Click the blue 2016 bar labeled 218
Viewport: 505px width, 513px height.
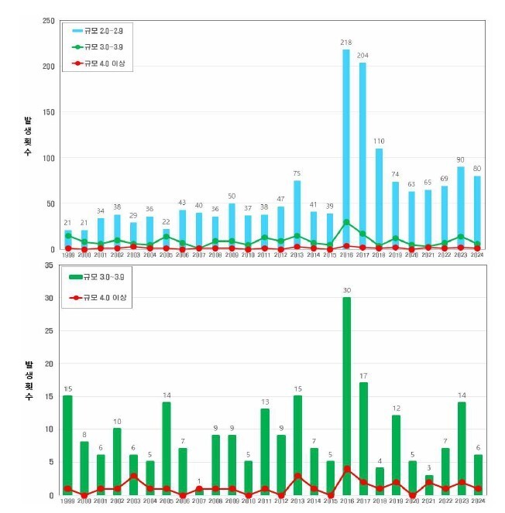point(346,147)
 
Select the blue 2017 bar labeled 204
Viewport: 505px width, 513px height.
point(362,155)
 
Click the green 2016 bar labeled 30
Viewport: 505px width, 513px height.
point(346,395)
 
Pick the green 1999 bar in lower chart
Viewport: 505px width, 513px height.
point(67,445)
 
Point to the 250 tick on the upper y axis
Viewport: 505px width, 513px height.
point(48,21)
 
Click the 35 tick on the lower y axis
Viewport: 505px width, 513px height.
point(49,265)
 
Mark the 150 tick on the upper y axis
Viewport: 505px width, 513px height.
point(48,112)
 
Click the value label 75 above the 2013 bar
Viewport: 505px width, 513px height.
point(297,173)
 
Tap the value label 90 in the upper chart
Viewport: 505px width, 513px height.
point(461,159)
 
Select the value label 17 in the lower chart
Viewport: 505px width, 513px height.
point(362,376)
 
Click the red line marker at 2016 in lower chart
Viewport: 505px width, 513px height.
point(346,469)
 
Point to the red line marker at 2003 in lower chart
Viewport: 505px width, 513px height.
point(133,476)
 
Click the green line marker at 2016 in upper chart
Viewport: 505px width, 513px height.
point(346,222)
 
